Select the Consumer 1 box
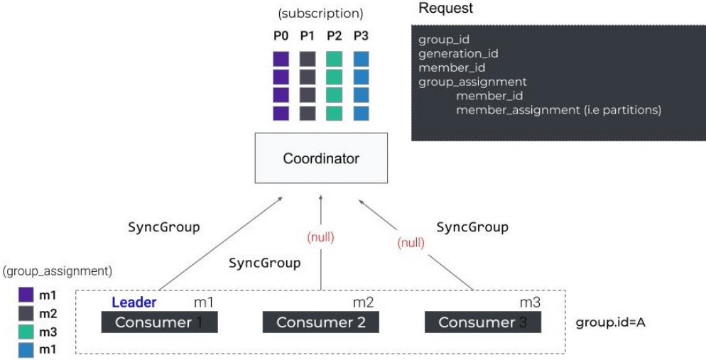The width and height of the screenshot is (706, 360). coord(159,322)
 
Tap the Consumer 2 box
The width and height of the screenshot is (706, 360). coord(321,322)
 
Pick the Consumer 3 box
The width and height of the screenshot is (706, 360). coord(483,322)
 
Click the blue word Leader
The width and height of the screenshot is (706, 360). coord(134,302)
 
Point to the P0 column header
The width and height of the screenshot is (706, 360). coord(281,35)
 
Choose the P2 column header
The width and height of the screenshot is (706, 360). coord(335,35)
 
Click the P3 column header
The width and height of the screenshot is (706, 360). coord(361,35)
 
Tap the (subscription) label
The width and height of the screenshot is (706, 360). coord(322,13)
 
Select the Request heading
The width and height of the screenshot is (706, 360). coord(445,9)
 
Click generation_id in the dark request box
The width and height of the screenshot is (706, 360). coord(450,53)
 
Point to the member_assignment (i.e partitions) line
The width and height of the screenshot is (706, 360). coord(558,110)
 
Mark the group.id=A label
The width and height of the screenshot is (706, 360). coord(610,322)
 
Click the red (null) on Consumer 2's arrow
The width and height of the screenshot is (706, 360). coord(320,238)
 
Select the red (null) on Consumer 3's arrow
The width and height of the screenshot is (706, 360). coord(411,243)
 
